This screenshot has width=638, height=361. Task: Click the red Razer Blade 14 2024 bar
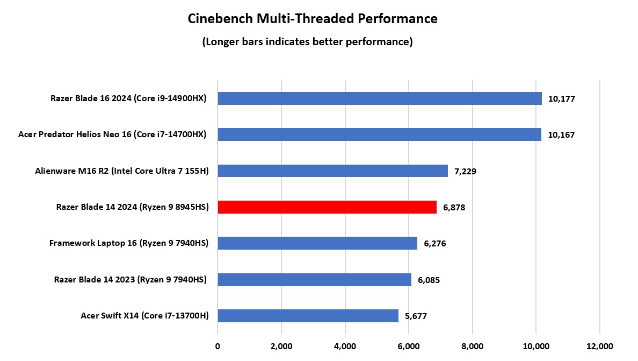327,207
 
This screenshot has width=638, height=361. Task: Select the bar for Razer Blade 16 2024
379,98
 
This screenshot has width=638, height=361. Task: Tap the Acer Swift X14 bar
308,316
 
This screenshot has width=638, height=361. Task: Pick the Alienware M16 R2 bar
332,171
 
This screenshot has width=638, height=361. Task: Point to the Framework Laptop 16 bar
317,243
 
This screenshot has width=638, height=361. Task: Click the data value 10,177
562,99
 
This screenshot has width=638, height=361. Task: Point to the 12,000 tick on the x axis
599,346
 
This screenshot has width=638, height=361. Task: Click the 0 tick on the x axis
218,346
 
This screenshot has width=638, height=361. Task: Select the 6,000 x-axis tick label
409,346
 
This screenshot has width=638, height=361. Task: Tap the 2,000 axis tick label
281,346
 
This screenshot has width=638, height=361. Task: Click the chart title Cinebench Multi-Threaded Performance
313,19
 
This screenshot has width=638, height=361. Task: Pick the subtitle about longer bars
307,42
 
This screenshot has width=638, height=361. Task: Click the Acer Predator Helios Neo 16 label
112,135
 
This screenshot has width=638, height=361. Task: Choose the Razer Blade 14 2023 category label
130,279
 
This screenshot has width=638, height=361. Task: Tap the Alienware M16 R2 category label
122,171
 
